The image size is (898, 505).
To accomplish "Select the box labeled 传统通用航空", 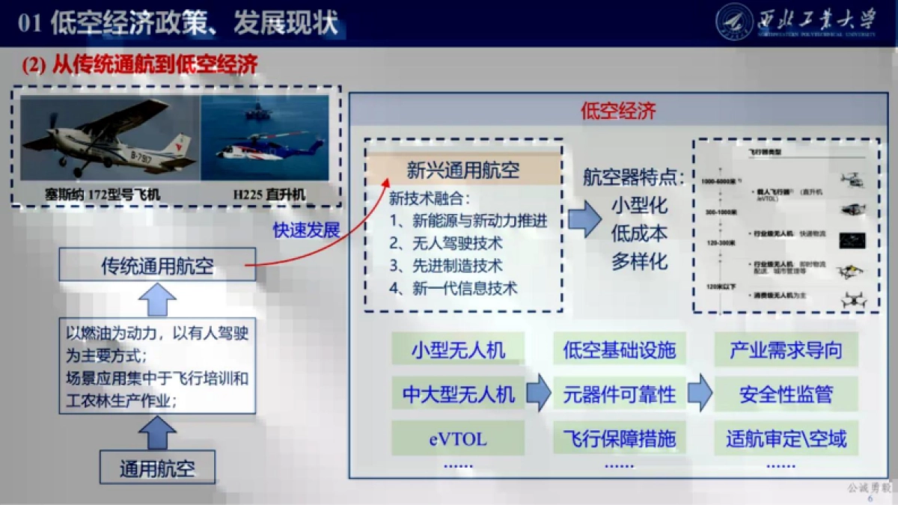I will (157, 266).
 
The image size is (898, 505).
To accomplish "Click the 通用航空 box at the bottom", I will (157, 468).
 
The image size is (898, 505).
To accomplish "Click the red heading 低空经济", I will (618, 111).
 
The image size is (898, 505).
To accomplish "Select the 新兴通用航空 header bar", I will (462, 170).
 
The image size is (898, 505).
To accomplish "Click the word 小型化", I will (639, 205).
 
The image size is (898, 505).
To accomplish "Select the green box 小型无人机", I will (458, 349).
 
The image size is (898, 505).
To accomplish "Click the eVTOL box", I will (458, 438).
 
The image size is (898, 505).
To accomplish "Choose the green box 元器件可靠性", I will (619, 394).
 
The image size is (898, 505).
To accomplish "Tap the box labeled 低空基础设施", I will (619, 349).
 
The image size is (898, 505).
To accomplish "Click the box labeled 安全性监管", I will (786, 394).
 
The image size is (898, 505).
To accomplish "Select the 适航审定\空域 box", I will (786, 438).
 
